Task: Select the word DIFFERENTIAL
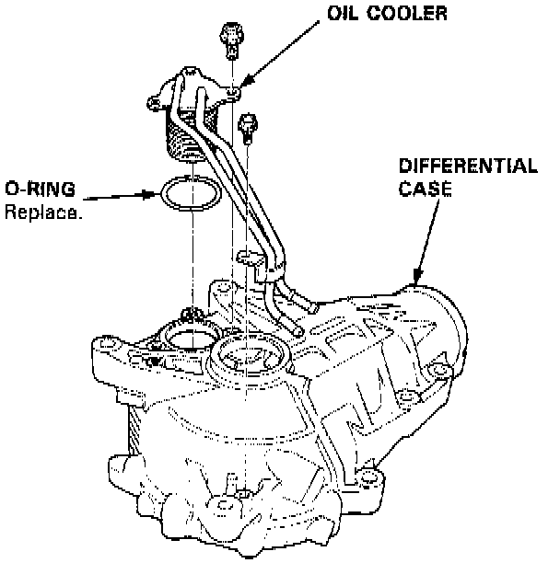(467, 167)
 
